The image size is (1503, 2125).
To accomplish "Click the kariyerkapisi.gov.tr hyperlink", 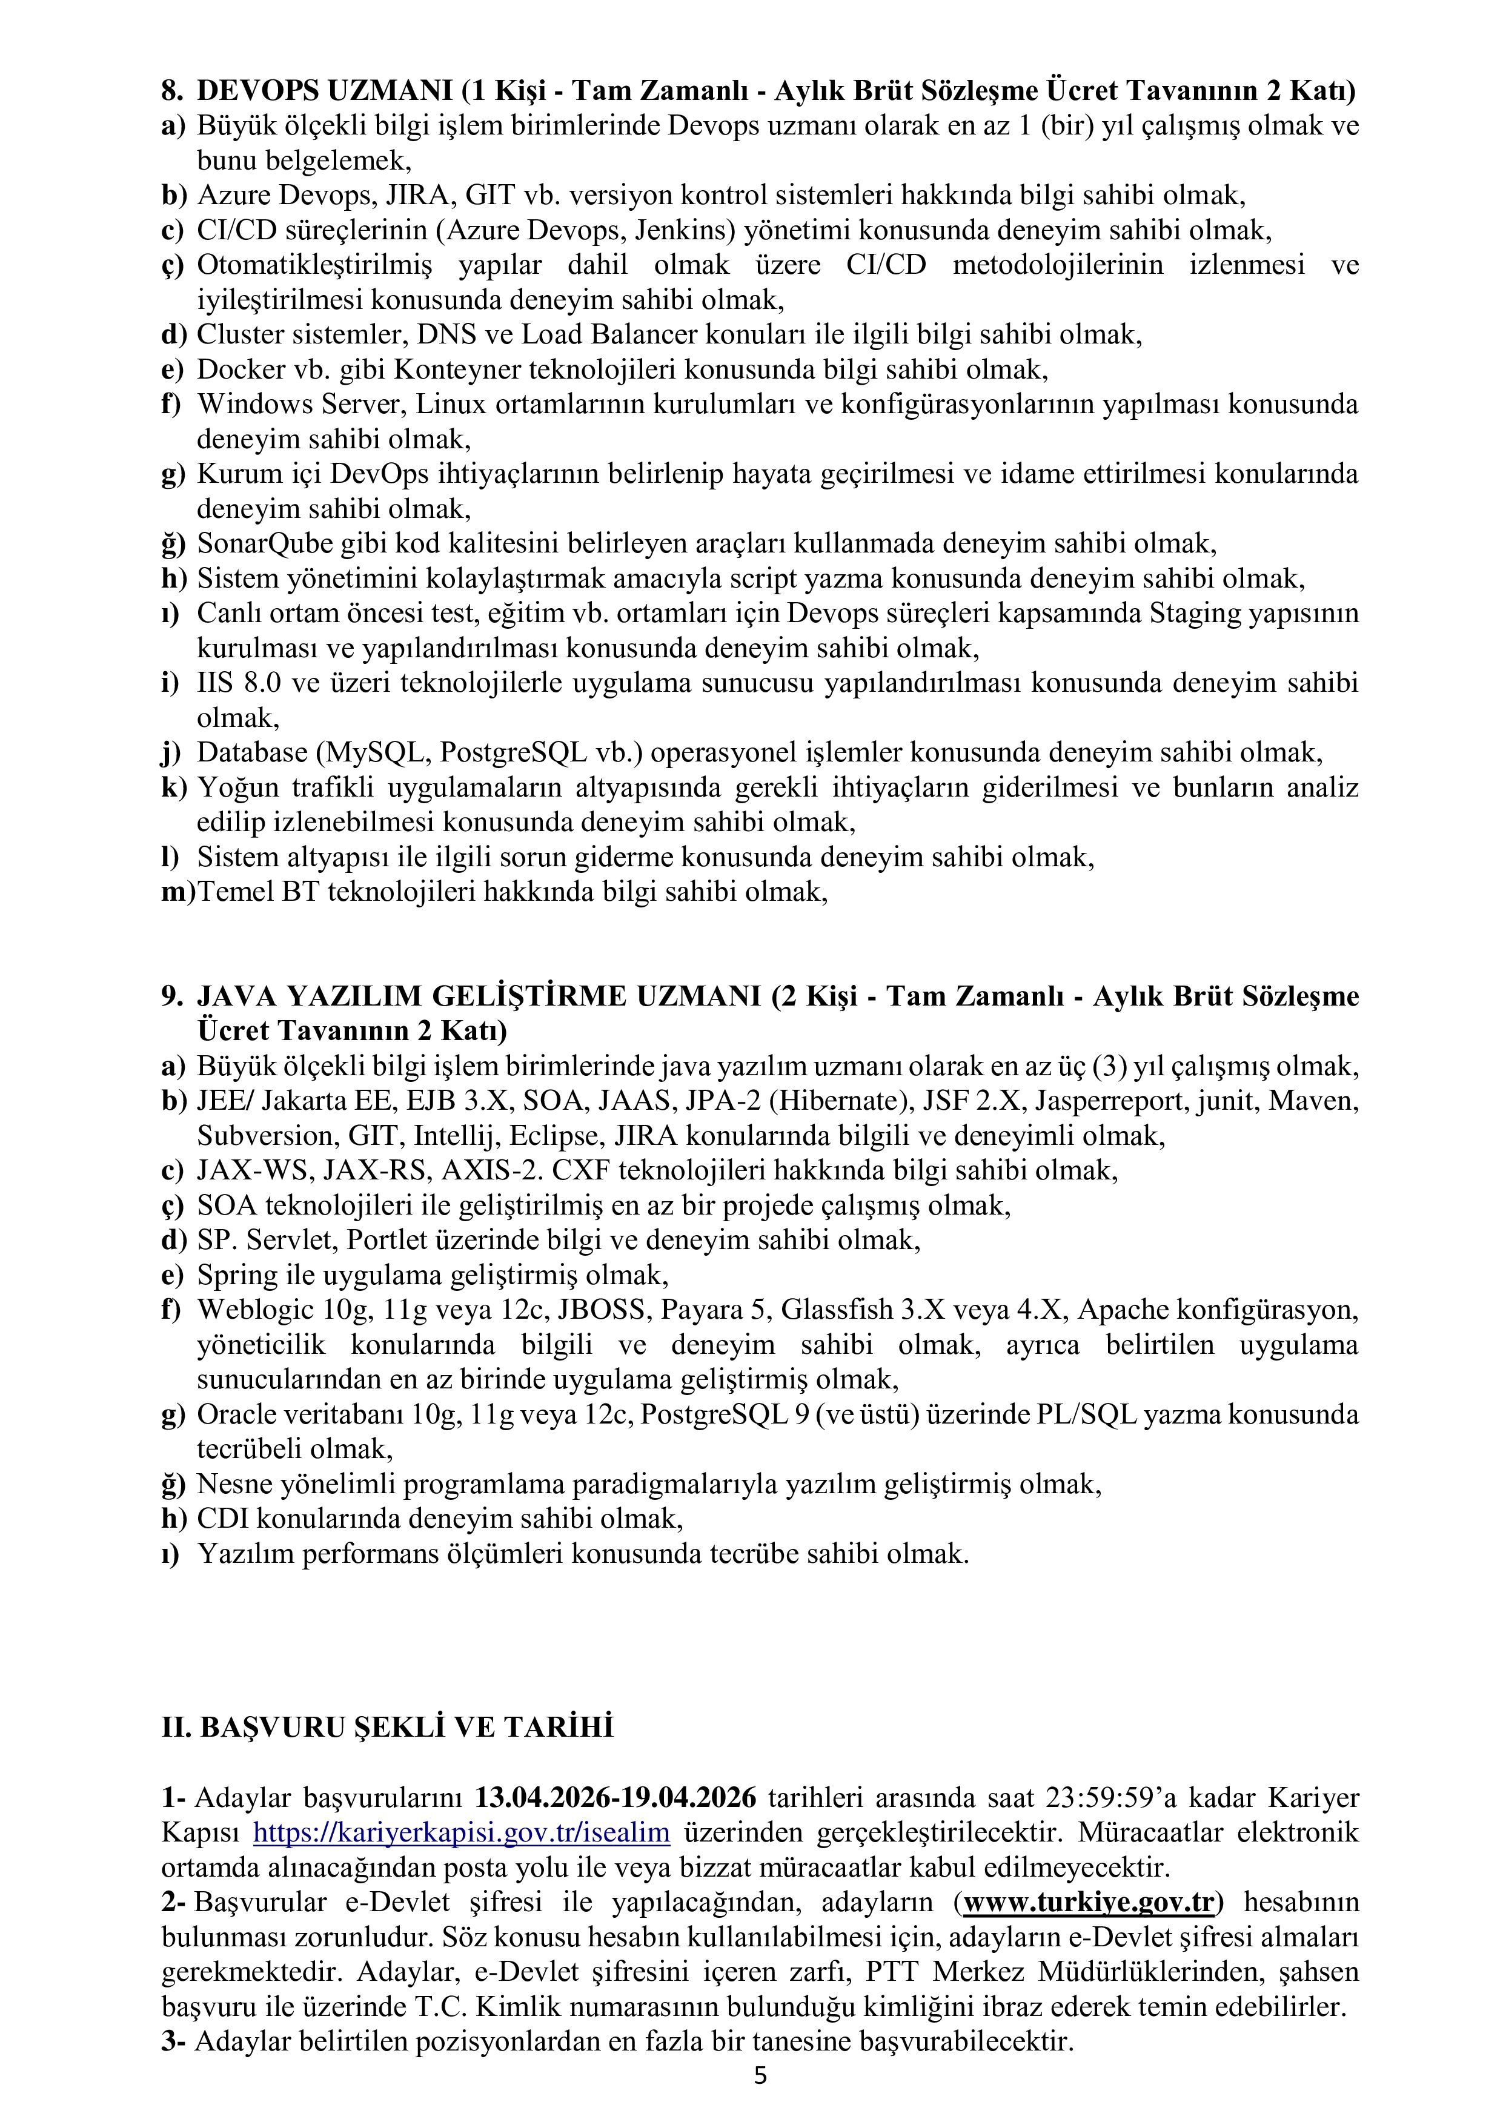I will [x=461, y=1832].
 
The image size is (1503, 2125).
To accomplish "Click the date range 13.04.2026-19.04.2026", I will [x=615, y=1797].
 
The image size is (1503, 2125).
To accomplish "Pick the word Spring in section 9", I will [x=231, y=1275].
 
